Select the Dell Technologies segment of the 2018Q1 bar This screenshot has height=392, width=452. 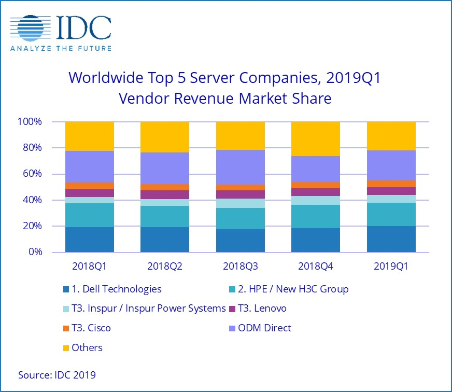coord(90,239)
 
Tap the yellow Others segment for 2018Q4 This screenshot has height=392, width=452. coord(316,138)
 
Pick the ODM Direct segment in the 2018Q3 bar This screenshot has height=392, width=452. coord(241,167)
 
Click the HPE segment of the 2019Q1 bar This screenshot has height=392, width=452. coord(391,214)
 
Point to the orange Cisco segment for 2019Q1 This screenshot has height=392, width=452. coord(391,184)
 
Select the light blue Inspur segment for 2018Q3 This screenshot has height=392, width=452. coord(241,203)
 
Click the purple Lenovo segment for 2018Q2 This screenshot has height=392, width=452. coord(165,194)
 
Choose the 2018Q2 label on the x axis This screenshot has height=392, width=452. coord(165,267)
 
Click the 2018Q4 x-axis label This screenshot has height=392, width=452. coord(316,267)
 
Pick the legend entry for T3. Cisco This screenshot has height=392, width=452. coord(91,328)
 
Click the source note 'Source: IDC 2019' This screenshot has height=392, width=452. coord(57,374)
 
